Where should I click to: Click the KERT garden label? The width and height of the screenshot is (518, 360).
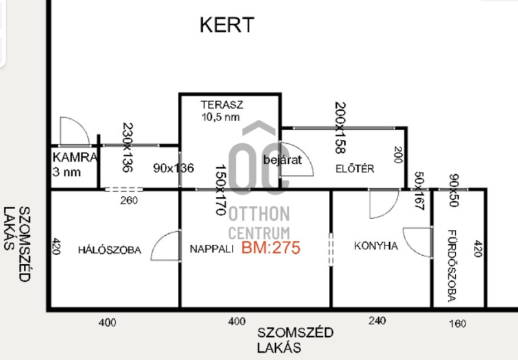point(227,25)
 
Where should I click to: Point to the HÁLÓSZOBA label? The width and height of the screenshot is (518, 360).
point(109,249)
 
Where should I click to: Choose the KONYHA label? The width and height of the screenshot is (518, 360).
point(376,246)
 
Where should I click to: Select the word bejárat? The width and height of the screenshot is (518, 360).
point(282,159)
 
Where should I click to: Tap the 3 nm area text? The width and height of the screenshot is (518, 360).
point(68,173)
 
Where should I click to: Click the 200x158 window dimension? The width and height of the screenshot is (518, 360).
point(341,127)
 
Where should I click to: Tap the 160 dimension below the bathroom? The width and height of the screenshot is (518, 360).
point(456,324)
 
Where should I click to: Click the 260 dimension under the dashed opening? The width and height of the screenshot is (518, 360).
point(125,201)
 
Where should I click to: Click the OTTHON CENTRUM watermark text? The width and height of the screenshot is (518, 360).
point(258,221)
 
